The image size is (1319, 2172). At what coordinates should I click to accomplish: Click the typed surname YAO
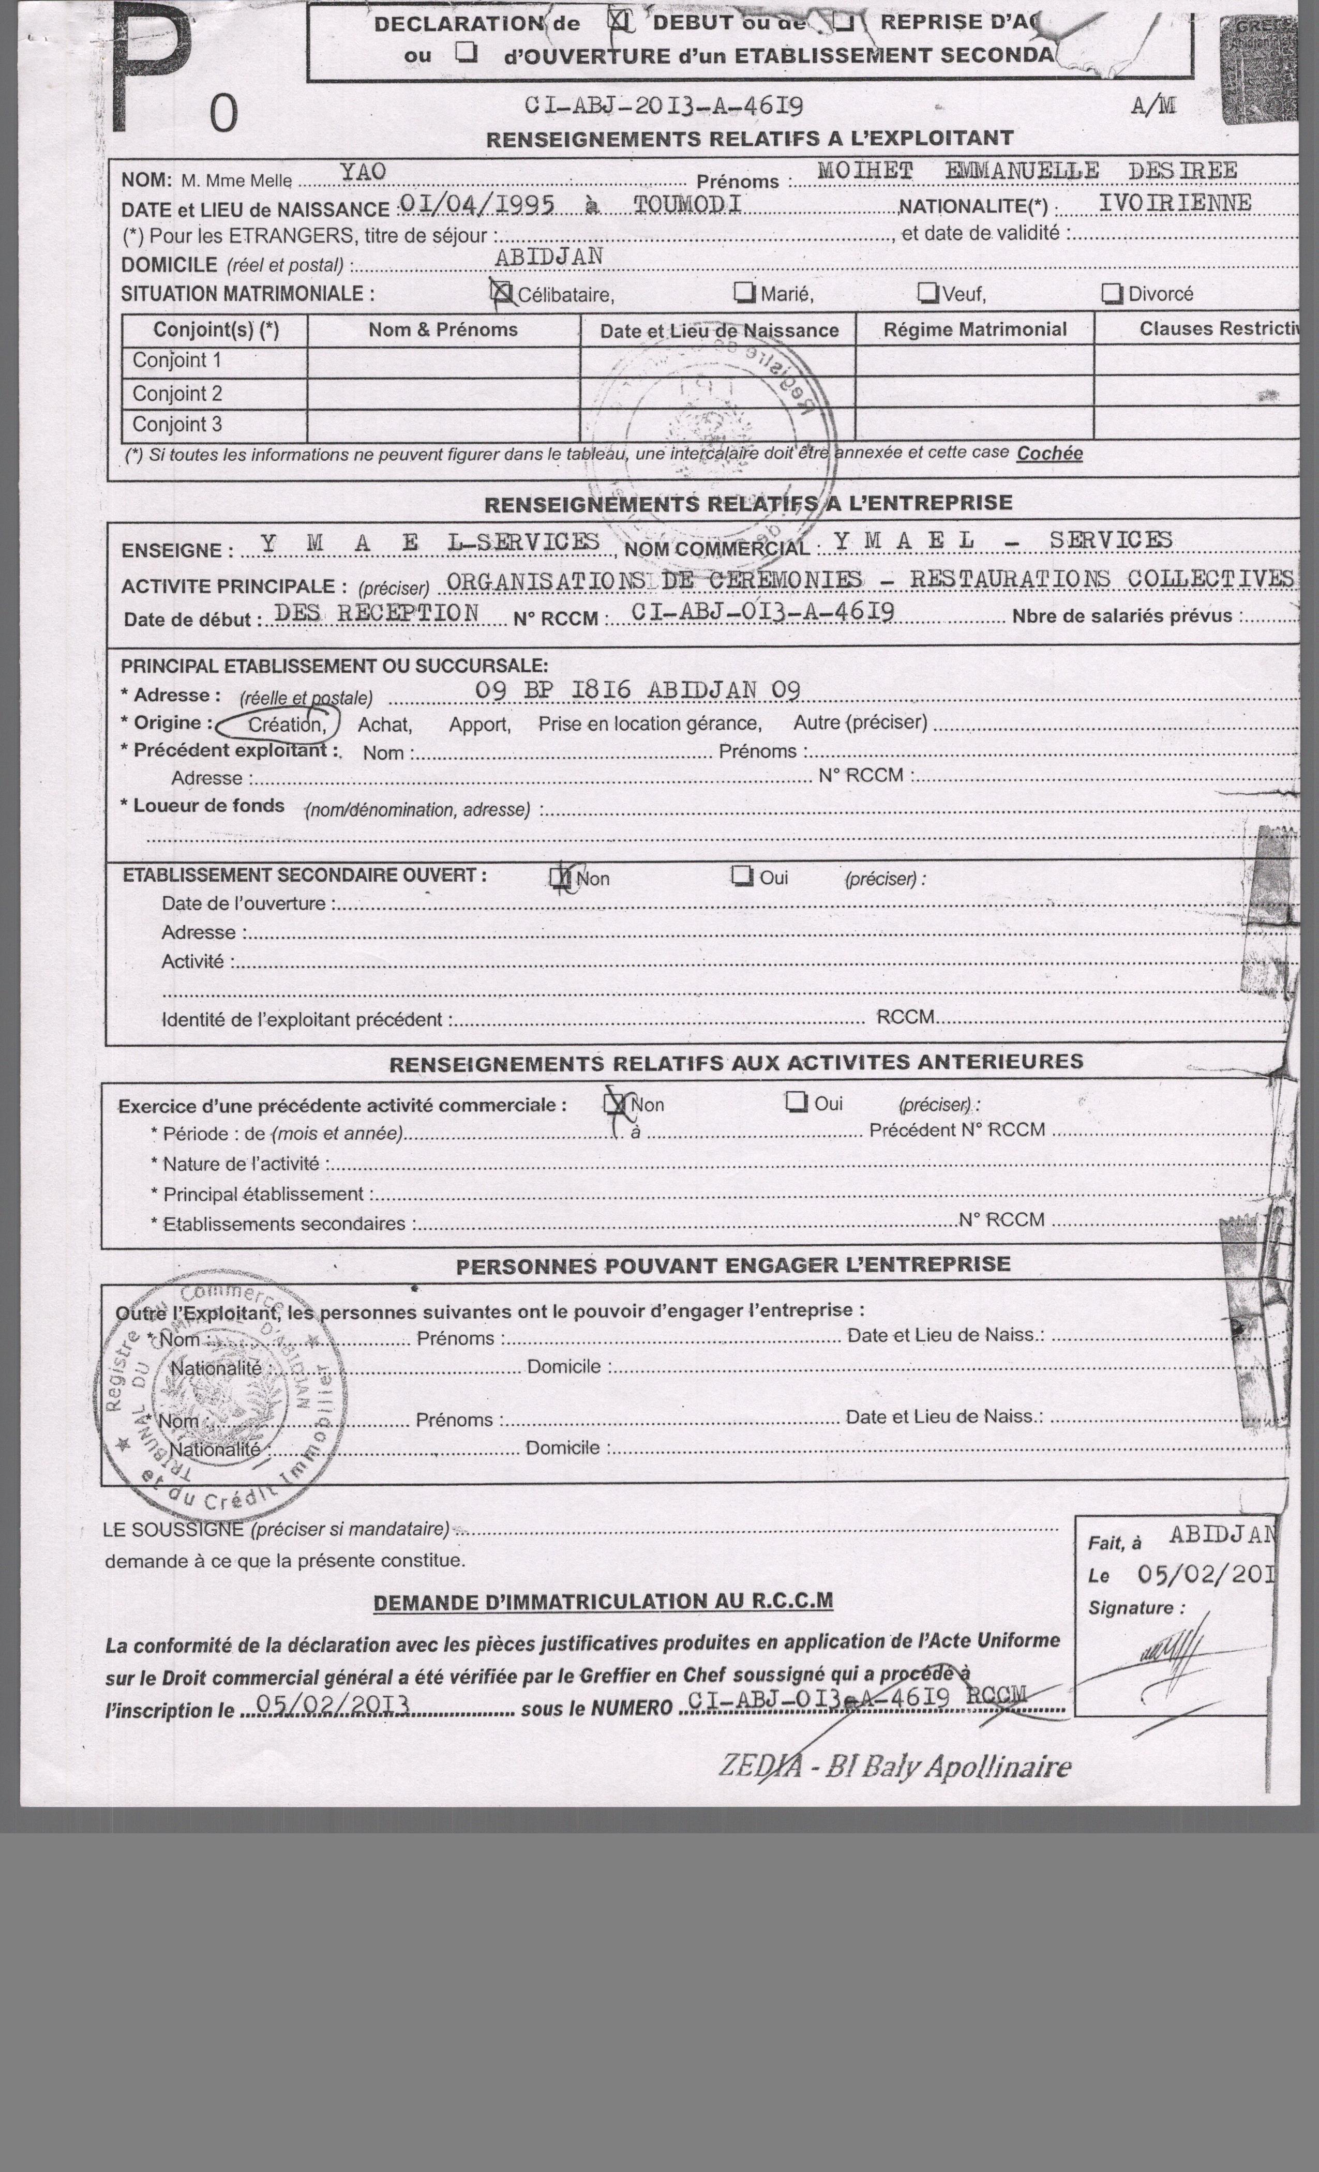(363, 172)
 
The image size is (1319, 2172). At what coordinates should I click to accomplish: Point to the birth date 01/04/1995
(477, 205)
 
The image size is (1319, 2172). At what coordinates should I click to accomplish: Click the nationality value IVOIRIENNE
(1174, 203)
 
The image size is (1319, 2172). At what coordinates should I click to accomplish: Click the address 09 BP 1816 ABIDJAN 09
(637, 690)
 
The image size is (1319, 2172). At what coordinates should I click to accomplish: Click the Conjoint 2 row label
(177, 393)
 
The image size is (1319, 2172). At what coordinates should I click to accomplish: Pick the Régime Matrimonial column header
(975, 330)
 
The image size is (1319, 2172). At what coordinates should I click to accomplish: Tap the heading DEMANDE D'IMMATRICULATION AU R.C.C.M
(603, 1602)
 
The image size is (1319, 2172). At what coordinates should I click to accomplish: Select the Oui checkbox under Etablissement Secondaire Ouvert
(742, 876)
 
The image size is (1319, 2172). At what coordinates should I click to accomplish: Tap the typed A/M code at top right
(1153, 107)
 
